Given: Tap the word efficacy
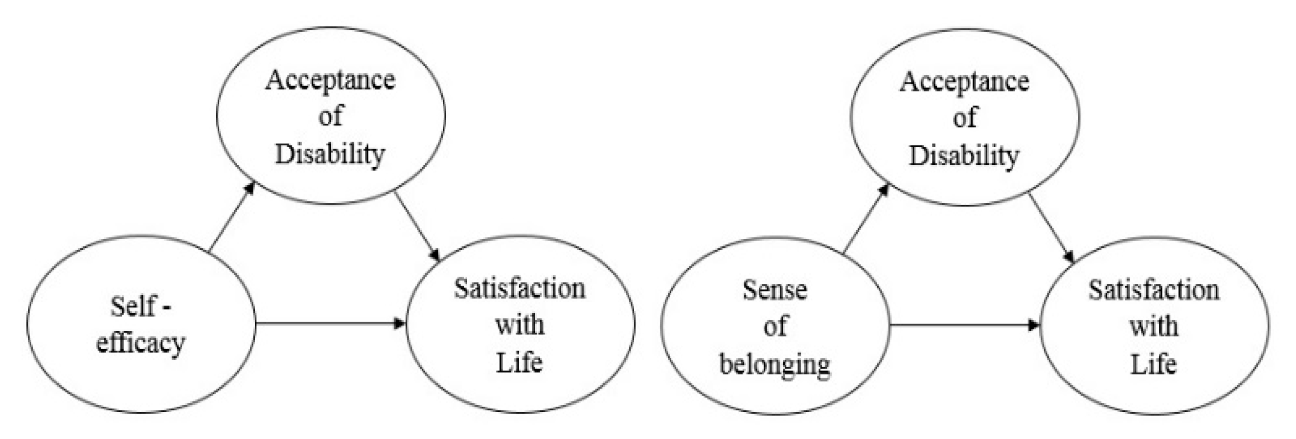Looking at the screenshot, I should (141, 344).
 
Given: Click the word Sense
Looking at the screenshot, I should (775, 290).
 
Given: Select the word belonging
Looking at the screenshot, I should (775, 365).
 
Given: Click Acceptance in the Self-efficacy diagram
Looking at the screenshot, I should (330, 81).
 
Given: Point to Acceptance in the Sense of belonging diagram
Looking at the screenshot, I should (964, 82).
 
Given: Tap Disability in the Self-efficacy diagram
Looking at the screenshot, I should (330, 154).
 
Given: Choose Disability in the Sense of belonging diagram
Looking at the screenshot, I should (964, 155).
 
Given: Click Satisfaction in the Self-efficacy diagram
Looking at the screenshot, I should (520, 288).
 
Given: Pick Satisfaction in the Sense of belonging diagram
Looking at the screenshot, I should (1154, 290).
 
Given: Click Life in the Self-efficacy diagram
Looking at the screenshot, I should (520, 362).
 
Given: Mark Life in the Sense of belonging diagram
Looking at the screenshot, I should (1154, 364).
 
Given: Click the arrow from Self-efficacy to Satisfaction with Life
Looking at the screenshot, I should (330, 323).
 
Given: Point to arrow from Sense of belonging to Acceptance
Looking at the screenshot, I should (866, 219).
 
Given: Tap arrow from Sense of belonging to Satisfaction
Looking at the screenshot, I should (964, 325).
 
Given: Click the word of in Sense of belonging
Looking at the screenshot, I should (775, 327).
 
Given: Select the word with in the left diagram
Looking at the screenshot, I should (520, 326).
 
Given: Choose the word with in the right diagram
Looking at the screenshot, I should (1154, 327).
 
